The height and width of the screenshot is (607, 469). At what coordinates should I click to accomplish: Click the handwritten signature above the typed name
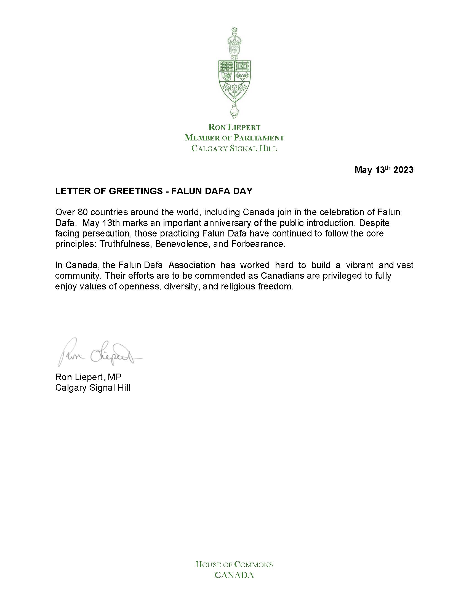click(x=99, y=352)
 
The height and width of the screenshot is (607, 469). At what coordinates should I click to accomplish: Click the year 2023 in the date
click(x=403, y=170)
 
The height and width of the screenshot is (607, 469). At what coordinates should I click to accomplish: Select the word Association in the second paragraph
click(x=192, y=265)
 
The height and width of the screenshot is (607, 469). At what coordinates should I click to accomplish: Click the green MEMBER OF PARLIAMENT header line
click(x=234, y=138)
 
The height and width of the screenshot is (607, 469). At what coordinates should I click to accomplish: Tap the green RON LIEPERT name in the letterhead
click(x=234, y=127)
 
